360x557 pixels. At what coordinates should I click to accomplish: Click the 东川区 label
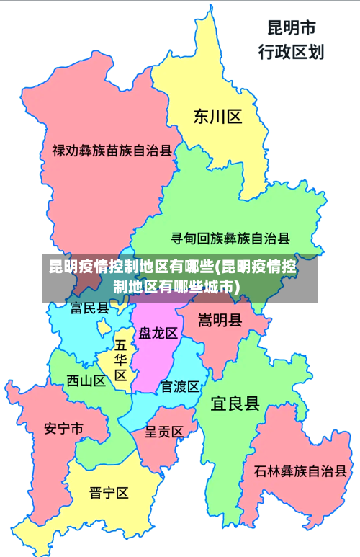(x=217, y=117)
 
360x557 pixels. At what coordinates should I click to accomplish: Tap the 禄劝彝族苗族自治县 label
(x=112, y=151)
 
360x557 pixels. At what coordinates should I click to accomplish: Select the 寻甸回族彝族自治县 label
(x=230, y=238)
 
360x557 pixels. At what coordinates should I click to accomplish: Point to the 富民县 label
(x=90, y=308)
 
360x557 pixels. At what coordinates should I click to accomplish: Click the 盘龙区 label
(x=158, y=333)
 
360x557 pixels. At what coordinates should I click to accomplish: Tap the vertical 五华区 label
(x=121, y=360)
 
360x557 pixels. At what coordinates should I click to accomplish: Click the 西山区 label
(x=86, y=380)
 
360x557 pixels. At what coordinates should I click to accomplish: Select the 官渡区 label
(x=180, y=386)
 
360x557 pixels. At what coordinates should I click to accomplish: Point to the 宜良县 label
(x=235, y=403)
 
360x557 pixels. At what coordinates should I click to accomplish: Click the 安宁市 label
(x=63, y=428)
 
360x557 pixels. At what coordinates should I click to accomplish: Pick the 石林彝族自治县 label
(x=300, y=472)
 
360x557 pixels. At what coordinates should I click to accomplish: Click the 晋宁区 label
(x=109, y=493)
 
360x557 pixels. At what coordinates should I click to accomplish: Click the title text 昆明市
(x=291, y=28)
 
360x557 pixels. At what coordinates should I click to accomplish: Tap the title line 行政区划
(x=291, y=51)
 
